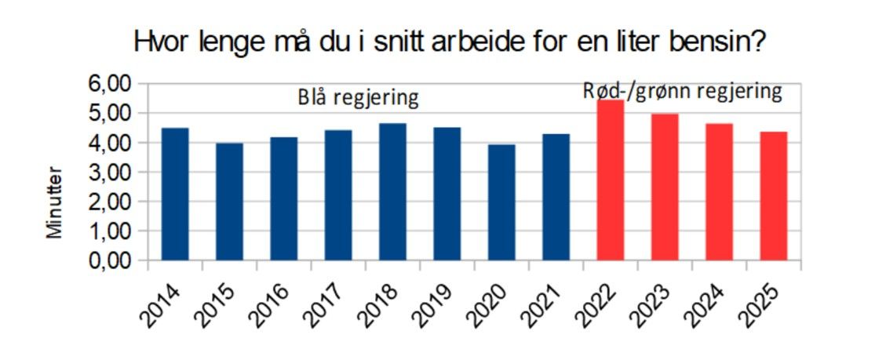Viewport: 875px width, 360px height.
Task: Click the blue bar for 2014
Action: pyautogui.click(x=175, y=194)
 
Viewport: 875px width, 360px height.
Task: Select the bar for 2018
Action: pyautogui.click(x=392, y=191)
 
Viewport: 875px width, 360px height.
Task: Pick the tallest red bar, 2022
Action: pyautogui.click(x=610, y=180)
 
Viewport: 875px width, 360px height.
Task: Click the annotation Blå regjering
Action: pyautogui.click(x=357, y=98)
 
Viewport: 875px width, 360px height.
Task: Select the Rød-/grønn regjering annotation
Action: pyautogui.click(x=682, y=91)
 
